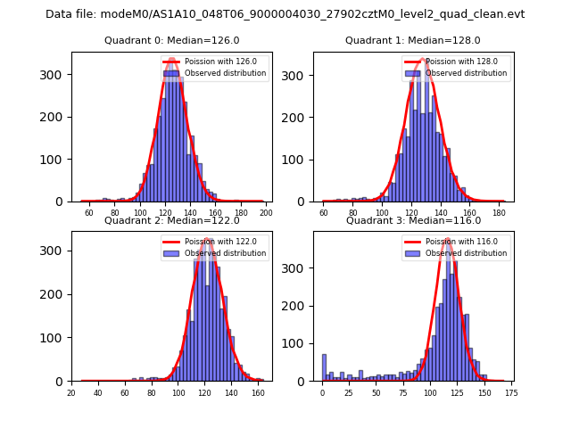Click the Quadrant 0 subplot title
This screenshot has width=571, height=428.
coord(171,40)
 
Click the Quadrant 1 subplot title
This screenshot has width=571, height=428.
coord(412,40)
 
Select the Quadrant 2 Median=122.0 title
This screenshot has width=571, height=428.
coord(171,220)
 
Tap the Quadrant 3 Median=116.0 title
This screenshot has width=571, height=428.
coord(412,220)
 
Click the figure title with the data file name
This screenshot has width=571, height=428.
coord(285,14)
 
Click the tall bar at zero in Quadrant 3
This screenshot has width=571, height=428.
coord(324,368)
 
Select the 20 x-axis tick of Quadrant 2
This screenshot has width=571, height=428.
coord(71,392)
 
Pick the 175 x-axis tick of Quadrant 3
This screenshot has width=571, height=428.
coord(510,392)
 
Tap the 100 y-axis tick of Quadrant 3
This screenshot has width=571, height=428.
coord(299,343)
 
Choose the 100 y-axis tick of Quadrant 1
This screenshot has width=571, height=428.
coord(299,160)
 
